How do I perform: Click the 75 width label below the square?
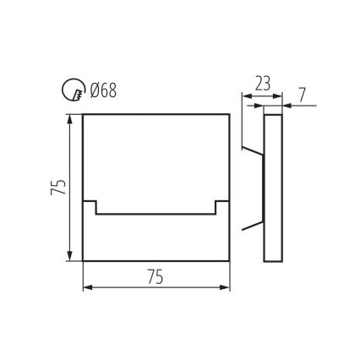[156, 275]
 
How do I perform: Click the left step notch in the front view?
[91, 206]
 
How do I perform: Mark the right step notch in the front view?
[221, 206]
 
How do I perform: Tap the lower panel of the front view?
[156, 237]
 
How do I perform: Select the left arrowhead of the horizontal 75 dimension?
[87, 287]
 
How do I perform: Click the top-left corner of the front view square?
[83, 112]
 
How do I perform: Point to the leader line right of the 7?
[302, 105]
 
